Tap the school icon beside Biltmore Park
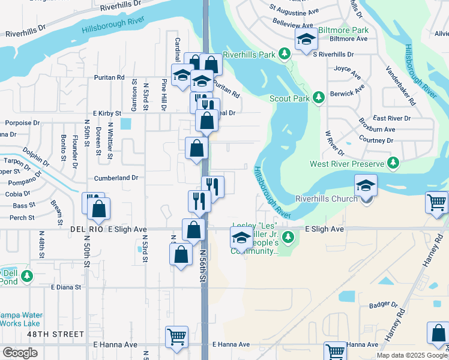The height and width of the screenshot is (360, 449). pyautogui.click(x=307, y=40)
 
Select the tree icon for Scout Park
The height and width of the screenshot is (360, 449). pyautogui.click(x=319, y=97)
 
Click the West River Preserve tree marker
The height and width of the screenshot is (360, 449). pyautogui.click(x=393, y=163)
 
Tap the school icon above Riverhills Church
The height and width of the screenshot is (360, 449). pyautogui.click(x=366, y=185)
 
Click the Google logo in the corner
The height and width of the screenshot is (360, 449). pyautogui.click(x=20, y=353)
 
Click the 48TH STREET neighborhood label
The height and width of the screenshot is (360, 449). pyautogui.click(x=55, y=334)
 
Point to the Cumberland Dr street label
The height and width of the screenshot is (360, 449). pyautogui.click(x=116, y=178)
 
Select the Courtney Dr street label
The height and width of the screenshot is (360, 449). pyautogui.click(x=376, y=140)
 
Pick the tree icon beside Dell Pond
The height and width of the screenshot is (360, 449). pyautogui.click(x=26, y=276)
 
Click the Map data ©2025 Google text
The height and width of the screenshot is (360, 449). pyautogui.click(x=411, y=355)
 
